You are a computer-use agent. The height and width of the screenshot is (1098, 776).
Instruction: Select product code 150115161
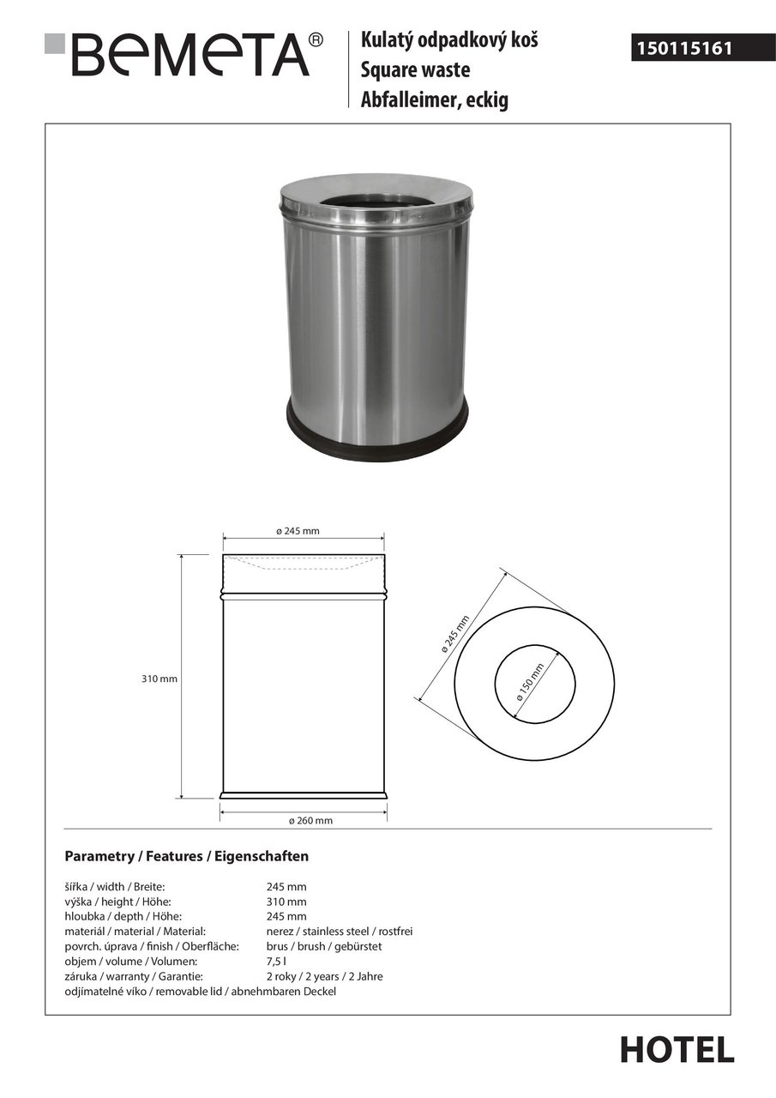tap(683, 49)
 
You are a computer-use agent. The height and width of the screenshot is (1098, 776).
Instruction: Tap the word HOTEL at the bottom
tap(677, 1050)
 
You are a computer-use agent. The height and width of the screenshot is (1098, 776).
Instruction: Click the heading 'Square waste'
tap(415, 70)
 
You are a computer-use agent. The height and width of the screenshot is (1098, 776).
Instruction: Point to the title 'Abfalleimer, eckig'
tap(434, 100)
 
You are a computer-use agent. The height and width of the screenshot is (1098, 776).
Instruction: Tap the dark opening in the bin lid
tap(375, 204)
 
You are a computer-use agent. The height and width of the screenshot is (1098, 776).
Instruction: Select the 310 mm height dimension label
tap(159, 679)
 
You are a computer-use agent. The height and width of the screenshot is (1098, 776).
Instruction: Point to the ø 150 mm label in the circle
tap(532, 682)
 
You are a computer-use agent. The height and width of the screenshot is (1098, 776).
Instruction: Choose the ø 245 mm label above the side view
tap(298, 531)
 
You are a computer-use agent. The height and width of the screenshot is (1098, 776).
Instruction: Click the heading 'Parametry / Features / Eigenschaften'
tap(187, 856)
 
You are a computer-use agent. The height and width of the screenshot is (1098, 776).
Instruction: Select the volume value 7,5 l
tap(275, 962)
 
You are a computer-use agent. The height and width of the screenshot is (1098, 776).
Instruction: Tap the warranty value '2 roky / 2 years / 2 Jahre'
tap(324, 976)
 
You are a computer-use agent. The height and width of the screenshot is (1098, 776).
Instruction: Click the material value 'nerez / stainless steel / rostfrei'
tap(340, 931)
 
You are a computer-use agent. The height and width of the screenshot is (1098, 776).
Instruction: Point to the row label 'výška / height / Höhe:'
tap(118, 902)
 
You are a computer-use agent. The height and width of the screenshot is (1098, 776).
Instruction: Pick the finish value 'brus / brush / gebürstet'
tap(323, 946)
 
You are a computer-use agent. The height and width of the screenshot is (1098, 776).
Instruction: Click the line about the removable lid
tap(201, 992)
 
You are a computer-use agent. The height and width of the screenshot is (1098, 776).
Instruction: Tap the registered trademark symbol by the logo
tap(316, 39)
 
